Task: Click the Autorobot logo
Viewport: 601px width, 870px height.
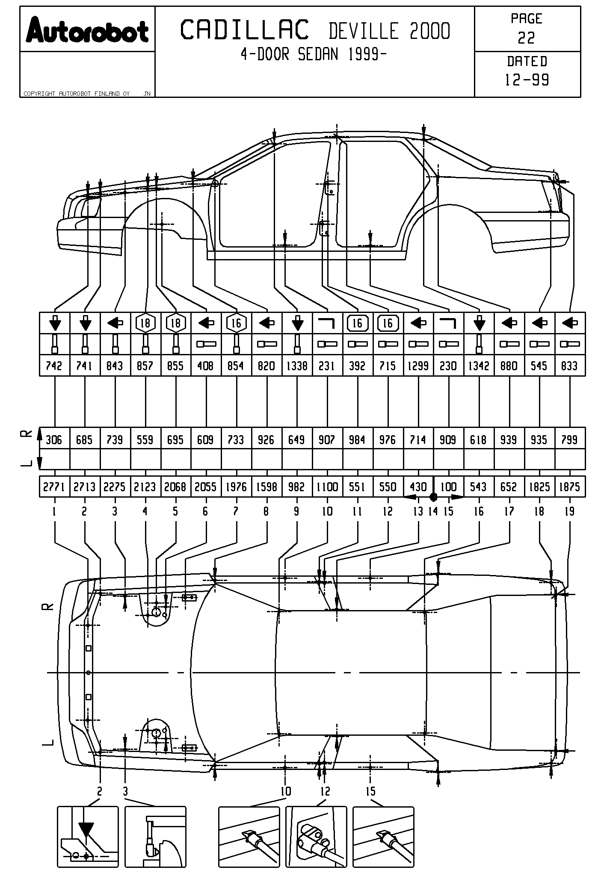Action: pos(87,30)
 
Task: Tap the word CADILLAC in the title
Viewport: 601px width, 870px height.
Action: pos(244,30)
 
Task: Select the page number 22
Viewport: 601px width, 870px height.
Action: pos(526,38)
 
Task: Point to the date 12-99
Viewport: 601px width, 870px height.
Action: pos(527,80)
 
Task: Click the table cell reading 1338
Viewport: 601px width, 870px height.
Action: pos(297,366)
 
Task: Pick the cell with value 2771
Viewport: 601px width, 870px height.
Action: pos(54,487)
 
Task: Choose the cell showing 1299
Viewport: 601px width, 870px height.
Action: pos(418,366)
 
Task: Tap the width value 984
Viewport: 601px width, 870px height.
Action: pos(357,440)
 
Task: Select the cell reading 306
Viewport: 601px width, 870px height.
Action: pos(54,440)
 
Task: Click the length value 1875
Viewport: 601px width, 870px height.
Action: pos(569,487)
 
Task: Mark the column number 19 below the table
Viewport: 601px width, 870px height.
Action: pos(569,511)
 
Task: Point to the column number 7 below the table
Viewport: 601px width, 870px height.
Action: pos(236,511)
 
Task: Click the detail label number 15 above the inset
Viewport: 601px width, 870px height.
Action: pos(370,791)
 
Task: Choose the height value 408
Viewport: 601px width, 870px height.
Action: pos(206,366)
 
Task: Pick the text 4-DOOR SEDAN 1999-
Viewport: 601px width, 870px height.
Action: pos(314,54)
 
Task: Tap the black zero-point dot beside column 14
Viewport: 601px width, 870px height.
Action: pos(433,497)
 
